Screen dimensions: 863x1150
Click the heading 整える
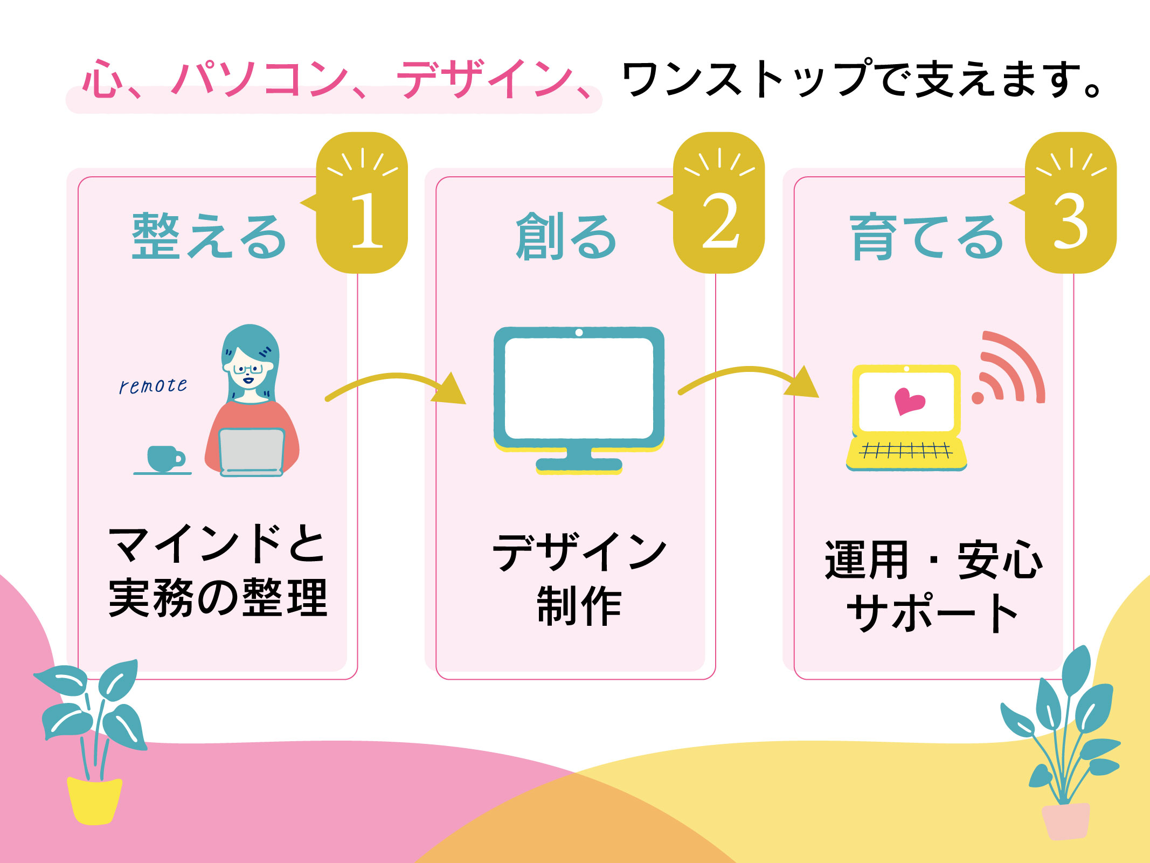(209, 236)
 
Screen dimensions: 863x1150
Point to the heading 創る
(566, 236)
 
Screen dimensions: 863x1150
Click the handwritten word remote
(153, 385)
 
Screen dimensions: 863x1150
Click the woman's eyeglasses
(247, 369)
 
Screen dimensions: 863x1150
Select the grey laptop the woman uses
(252, 452)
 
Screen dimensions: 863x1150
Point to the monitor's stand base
(579, 464)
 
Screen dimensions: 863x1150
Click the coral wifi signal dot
(978, 398)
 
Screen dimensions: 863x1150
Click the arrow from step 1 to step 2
(396, 384)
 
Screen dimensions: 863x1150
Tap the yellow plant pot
(94, 800)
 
